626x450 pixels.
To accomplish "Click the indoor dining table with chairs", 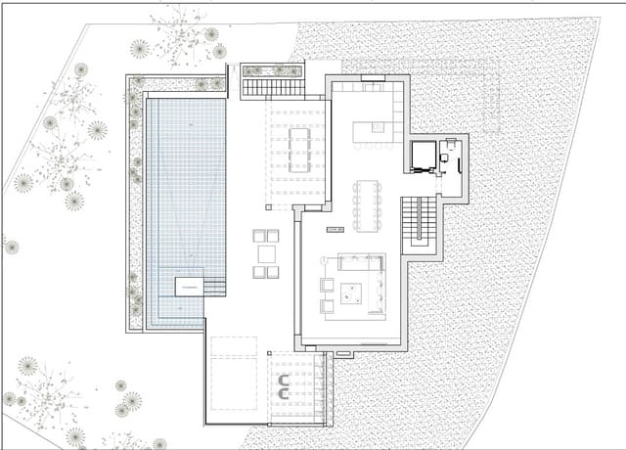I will (x=369, y=204).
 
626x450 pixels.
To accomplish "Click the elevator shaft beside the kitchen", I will (x=424, y=157).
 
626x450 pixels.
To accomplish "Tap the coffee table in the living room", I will (x=350, y=292).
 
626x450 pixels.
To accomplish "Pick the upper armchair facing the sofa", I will (x=327, y=285).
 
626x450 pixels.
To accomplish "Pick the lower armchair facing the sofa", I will (x=327, y=305).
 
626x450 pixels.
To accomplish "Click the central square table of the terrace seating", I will (x=266, y=253).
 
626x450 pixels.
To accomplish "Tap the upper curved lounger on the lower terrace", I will (x=283, y=377).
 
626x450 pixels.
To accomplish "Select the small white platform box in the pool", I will (x=189, y=286).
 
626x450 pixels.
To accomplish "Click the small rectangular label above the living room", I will (x=334, y=229).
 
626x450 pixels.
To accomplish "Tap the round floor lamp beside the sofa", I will (x=322, y=259).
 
